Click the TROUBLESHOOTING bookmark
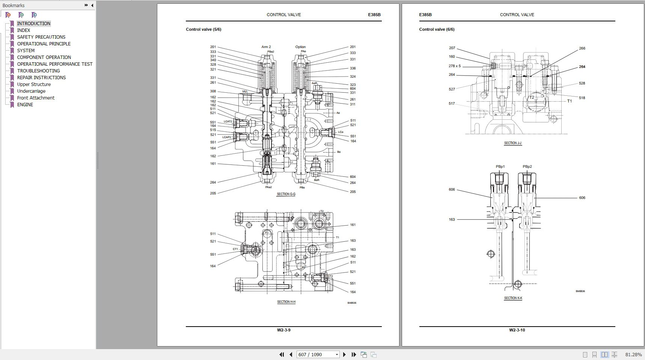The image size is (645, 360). (38, 71)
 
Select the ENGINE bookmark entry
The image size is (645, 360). (25, 104)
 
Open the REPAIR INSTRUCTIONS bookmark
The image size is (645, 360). (41, 77)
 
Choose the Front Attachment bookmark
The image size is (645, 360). (36, 98)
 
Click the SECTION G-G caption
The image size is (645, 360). (286, 194)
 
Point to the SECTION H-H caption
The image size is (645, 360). (286, 302)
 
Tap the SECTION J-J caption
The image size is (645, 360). (513, 143)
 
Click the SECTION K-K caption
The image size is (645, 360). (513, 298)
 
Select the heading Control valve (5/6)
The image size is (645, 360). (203, 29)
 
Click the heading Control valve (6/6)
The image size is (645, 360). (437, 29)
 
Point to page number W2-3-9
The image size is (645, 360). (284, 330)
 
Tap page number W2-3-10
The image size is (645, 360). (517, 330)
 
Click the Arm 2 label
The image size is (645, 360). (266, 47)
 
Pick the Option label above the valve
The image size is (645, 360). (300, 47)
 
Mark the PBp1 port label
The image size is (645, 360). (500, 167)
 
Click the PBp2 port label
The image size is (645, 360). (527, 167)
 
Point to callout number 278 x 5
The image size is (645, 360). (454, 66)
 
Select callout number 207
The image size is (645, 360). (452, 48)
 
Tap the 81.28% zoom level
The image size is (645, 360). (633, 354)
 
